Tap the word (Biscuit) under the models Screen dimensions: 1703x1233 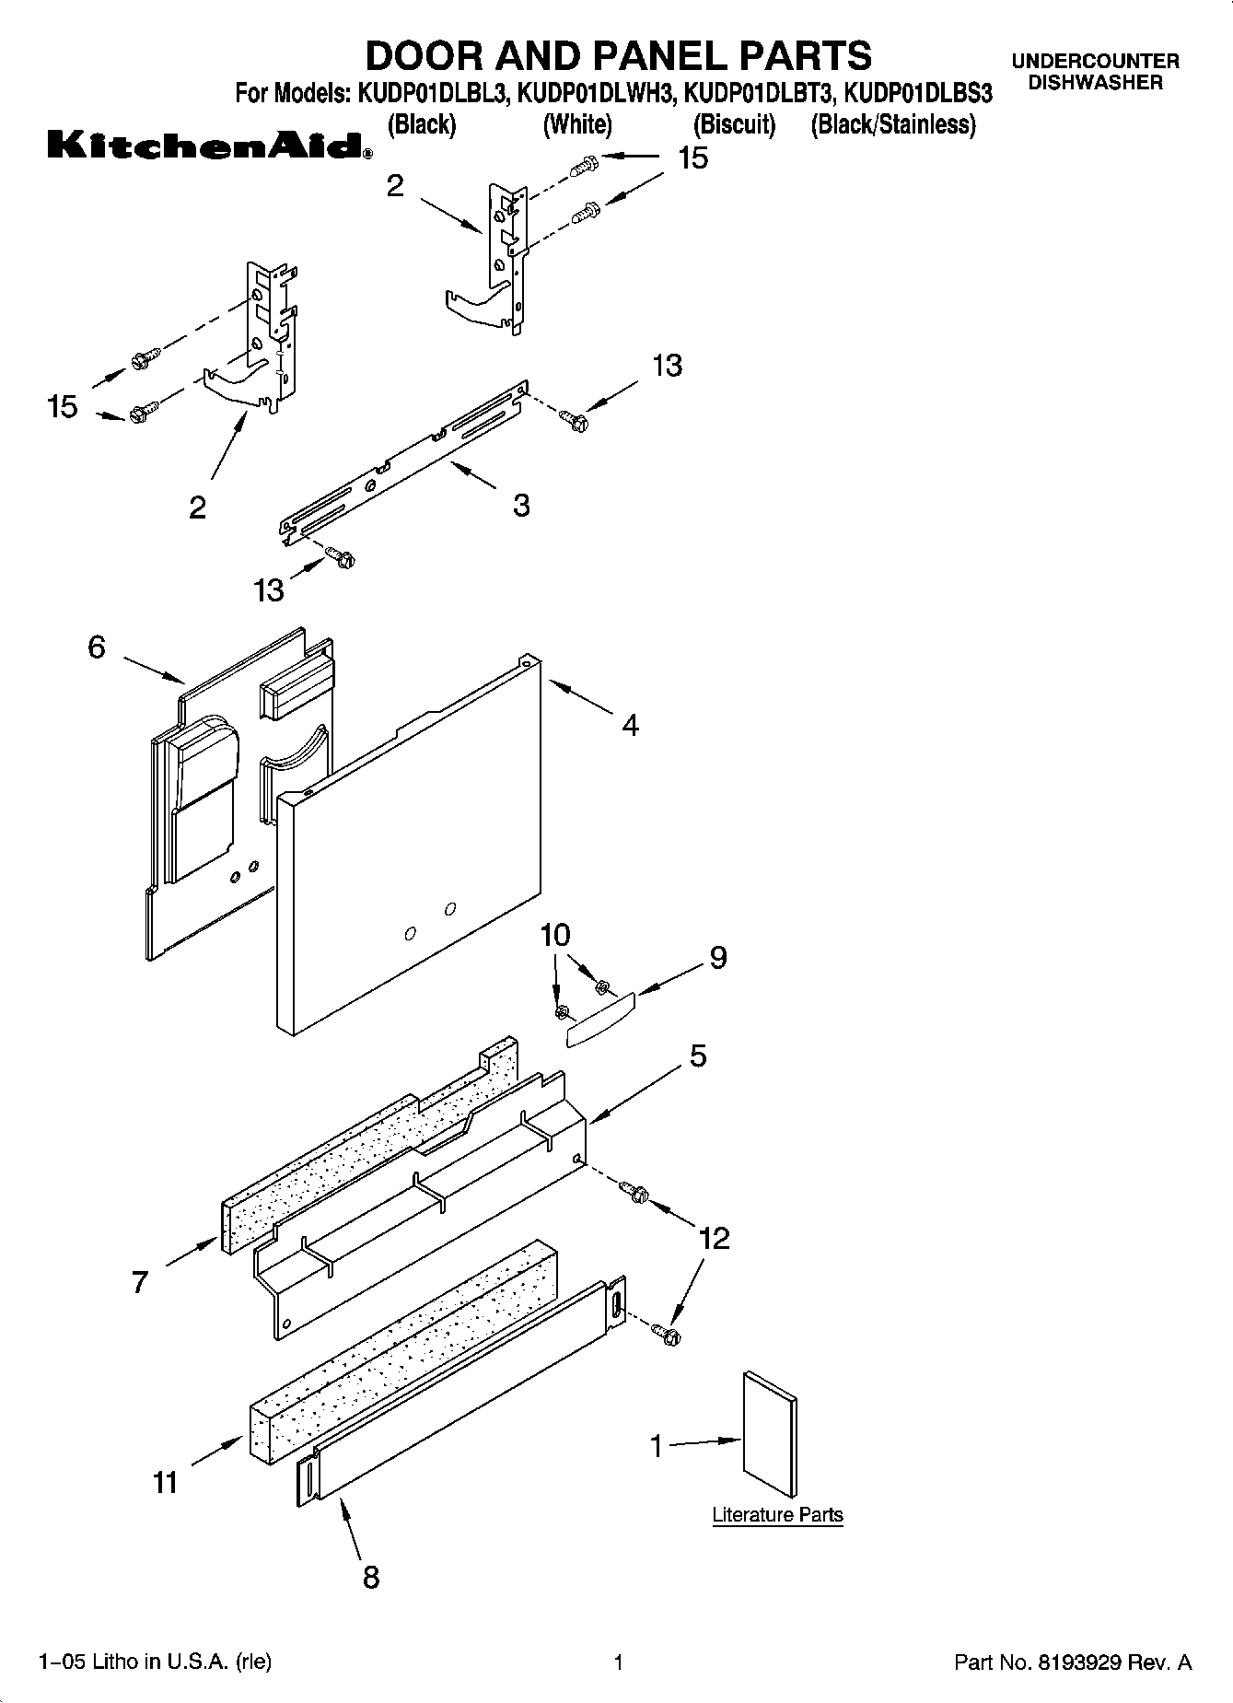click(x=734, y=124)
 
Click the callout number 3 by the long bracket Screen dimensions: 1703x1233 click(x=521, y=505)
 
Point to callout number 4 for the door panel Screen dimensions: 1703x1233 click(x=630, y=726)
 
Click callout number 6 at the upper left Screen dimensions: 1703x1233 click(x=97, y=647)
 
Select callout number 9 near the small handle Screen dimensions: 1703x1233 click(x=718, y=958)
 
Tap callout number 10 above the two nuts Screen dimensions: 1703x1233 click(x=555, y=935)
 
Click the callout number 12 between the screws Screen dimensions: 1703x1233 click(x=715, y=1238)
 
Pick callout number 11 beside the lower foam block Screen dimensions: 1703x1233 click(x=165, y=1483)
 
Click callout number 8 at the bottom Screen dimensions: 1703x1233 click(x=370, y=1578)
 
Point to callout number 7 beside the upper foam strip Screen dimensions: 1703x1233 click(x=139, y=1282)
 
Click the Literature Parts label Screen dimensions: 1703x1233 click(x=777, y=1515)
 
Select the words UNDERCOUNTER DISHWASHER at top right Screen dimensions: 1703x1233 click(x=1095, y=72)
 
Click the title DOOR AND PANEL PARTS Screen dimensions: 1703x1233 click(x=618, y=55)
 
